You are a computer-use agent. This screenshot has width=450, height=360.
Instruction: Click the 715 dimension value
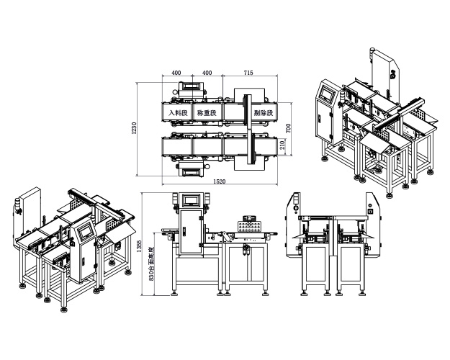point(248,73)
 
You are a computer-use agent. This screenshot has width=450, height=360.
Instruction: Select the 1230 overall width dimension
point(134,127)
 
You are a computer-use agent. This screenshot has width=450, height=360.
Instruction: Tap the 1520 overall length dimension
point(220,181)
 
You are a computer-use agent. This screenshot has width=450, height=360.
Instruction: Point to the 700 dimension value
point(287,127)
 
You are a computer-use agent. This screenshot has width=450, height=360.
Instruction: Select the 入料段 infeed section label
point(178,113)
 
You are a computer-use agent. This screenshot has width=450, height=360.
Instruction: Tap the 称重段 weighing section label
point(207,113)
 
